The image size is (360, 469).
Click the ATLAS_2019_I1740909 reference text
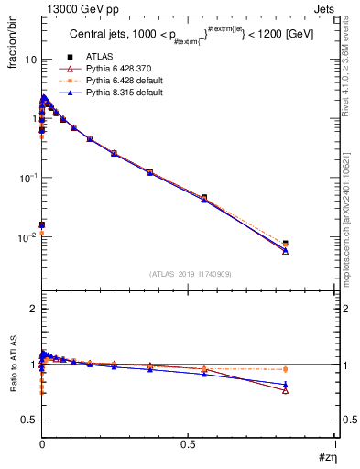(189, 274)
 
